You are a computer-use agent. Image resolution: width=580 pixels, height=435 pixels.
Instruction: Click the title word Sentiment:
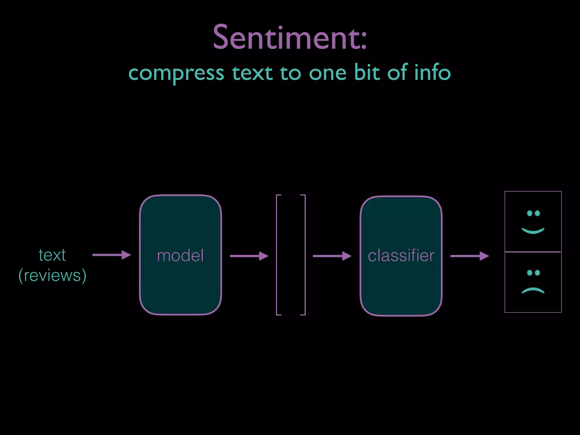point(290,38)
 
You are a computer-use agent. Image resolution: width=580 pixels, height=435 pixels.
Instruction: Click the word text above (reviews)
point(52,255)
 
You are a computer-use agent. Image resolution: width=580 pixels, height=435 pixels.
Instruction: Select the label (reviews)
point(52,275)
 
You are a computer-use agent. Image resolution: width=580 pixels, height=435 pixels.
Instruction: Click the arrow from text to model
point(111,255)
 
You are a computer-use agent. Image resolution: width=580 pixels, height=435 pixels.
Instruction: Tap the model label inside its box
point(180,255)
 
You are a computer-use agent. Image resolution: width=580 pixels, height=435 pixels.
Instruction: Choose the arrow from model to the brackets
point(249,256)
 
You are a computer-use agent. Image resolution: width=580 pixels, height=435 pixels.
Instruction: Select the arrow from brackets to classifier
point(332,256)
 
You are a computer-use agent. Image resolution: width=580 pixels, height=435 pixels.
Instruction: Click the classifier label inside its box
point(401,255)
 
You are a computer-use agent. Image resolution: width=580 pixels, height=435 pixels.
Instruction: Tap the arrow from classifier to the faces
point(469,256)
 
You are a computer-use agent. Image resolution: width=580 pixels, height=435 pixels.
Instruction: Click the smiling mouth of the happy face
point(533,231)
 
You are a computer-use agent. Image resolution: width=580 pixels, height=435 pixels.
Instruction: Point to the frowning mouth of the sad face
point(533,290)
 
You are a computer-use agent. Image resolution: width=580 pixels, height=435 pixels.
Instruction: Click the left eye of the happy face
point(529,213)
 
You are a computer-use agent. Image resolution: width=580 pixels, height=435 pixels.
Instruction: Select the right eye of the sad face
point(537,273)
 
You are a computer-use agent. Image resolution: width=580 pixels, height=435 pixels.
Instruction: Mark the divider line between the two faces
point(533,252)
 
